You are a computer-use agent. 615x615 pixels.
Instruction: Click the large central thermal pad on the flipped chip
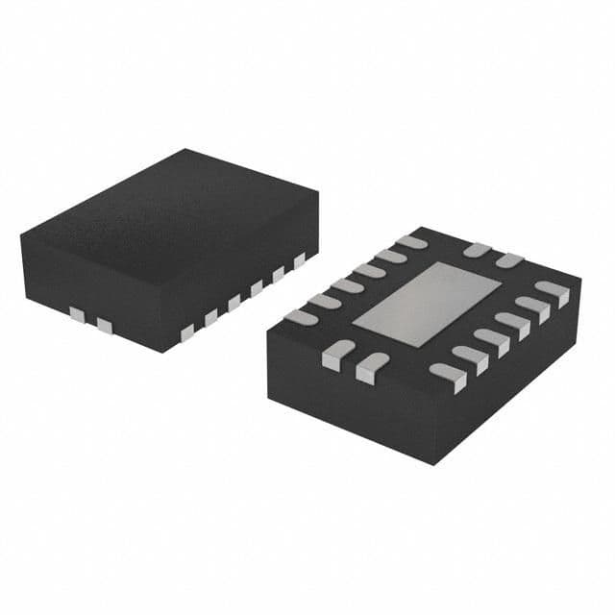427,304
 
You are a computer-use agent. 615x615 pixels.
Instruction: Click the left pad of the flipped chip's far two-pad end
477,251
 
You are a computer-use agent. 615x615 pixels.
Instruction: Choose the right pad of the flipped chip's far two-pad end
508,259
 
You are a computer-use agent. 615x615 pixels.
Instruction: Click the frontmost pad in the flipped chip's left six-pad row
301,316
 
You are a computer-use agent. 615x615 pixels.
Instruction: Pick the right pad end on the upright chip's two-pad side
105,327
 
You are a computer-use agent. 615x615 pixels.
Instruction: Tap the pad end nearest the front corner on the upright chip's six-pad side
186,332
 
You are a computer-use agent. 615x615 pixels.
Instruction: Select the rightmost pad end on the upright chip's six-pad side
300,258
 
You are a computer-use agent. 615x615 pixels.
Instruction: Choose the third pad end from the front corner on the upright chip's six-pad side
234,304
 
